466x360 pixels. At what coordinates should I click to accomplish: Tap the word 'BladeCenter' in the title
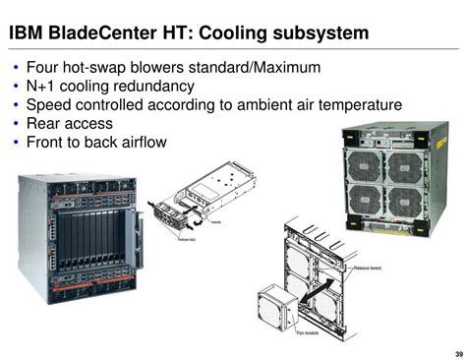[x=103, y=33]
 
